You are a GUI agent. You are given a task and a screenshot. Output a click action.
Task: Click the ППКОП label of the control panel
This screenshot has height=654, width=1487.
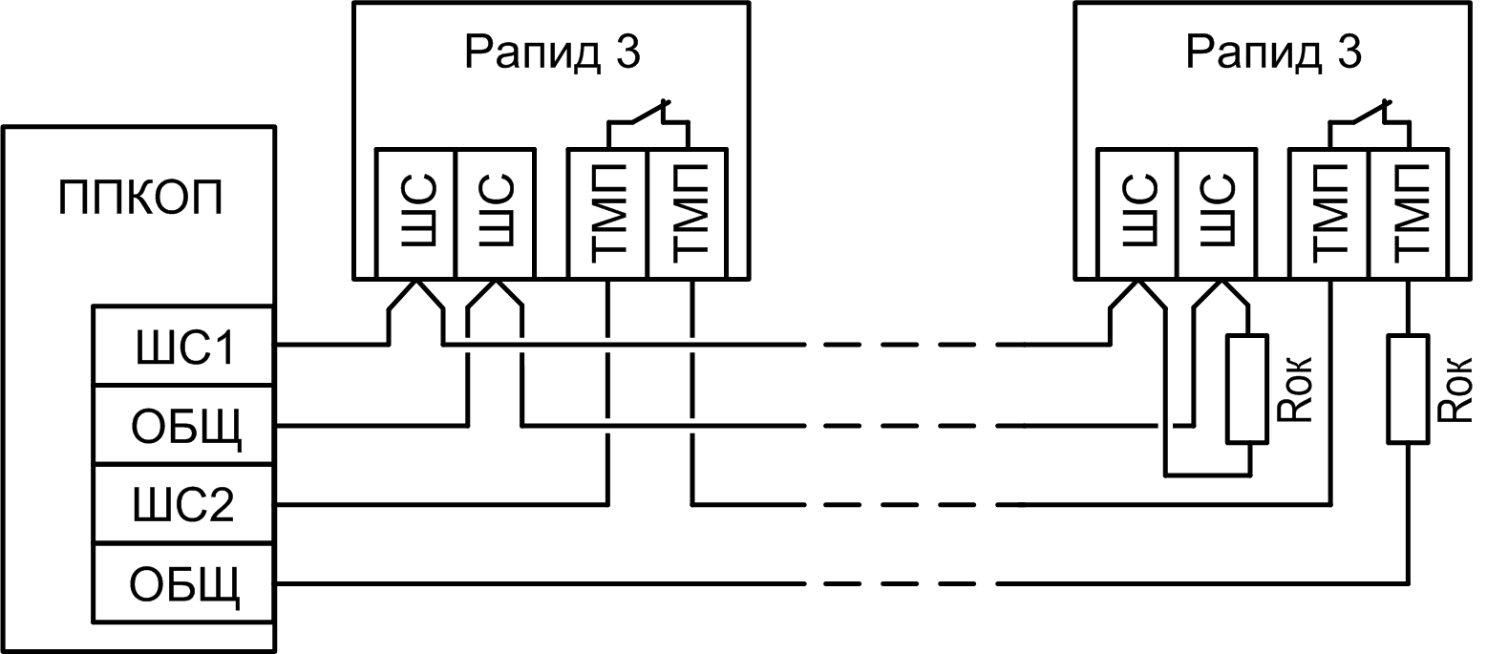click(x=140, y=199)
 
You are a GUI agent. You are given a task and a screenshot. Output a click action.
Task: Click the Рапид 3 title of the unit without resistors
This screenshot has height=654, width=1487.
click(x=552, y=53)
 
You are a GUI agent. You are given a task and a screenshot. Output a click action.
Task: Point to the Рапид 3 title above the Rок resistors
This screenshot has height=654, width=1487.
click(x=1274, y=53)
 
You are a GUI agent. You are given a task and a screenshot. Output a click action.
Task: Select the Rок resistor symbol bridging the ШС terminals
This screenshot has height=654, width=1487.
click(x=1248, y=389)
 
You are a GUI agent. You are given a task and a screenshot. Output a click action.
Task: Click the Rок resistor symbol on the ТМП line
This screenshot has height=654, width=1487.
click(x=1409, y=389)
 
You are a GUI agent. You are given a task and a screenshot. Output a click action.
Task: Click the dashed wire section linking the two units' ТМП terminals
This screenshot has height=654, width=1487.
click(x=907, y=503)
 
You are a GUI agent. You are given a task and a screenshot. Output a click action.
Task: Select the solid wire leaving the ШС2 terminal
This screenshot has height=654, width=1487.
click(x=439, y=503)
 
